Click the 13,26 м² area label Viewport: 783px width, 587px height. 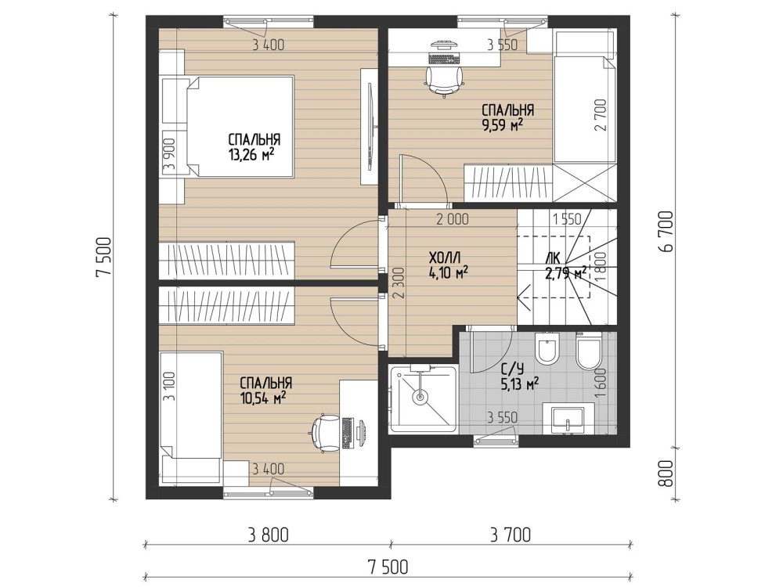[x=251, y=155]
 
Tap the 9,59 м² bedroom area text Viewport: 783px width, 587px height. [x=502, y=124]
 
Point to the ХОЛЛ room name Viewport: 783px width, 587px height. [x=445, y=258]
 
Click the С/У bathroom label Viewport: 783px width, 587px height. [x=512, y=369]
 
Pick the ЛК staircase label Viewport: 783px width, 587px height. [x=554, y=258]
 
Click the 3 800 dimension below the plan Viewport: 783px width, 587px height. [x=268, y=535]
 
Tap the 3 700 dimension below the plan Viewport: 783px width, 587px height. [x=511, y=535]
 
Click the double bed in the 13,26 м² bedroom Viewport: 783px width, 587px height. [x=239, y=126]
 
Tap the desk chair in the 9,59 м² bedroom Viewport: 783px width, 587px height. [x=444, y=80]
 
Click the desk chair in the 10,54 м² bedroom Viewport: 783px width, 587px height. [x=325, y=434]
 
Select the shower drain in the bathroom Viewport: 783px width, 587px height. [x=420, y=398]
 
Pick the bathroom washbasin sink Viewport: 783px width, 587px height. [x=568, y=419]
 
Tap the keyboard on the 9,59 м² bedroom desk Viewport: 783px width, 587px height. [x=444, y=59]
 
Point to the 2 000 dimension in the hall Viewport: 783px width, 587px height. [x=453, y=218]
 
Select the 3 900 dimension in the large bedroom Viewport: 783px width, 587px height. [x=169, y=154]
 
